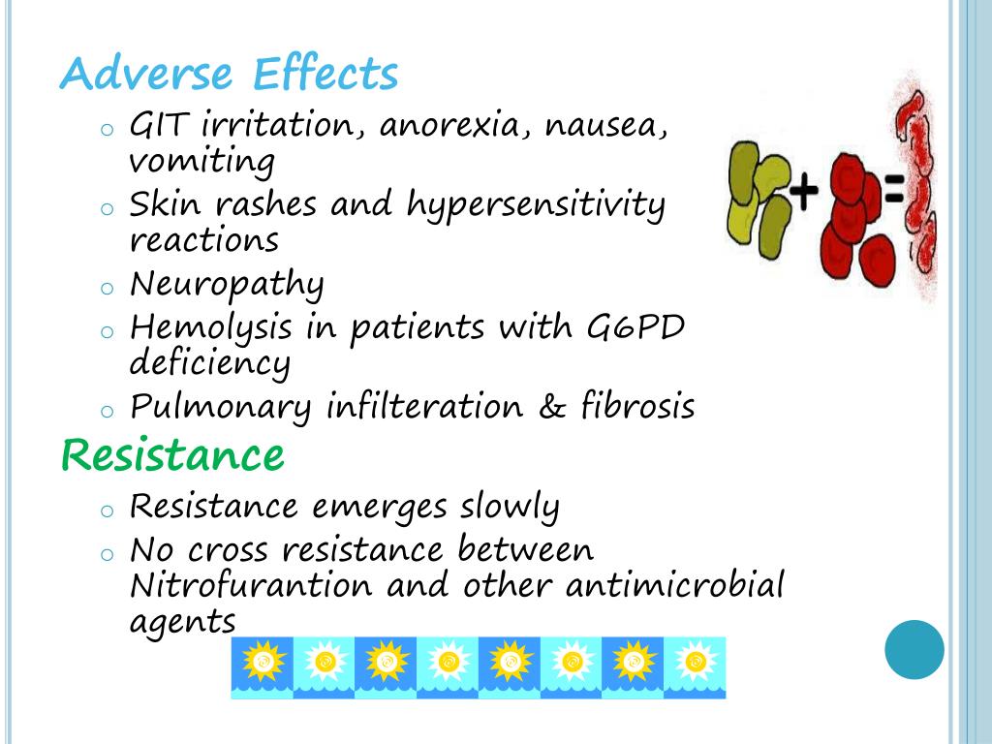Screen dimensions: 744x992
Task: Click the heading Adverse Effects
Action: click(229, 75)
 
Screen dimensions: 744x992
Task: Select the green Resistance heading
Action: click(172, 453)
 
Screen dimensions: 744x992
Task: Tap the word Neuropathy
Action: click(227, 285)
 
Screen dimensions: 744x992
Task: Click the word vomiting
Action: click(201, 161)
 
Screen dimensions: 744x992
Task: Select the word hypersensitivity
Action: click(536, 205)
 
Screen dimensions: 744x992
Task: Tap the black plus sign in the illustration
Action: click(802, 191)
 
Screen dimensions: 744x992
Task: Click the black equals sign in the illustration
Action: click(892, 191)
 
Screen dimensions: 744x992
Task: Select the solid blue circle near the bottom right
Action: click(914, 649)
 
